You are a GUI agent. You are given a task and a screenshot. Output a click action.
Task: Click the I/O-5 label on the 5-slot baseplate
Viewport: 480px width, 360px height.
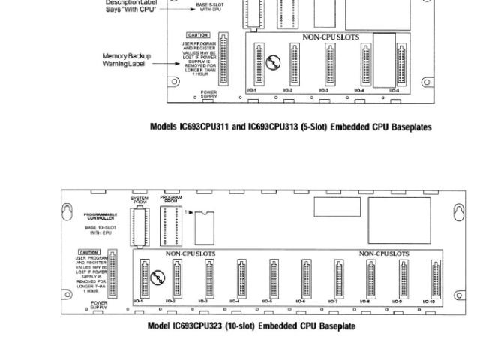point(394,89)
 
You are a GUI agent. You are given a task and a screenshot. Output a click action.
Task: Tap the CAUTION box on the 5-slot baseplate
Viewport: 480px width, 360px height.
point(199,35)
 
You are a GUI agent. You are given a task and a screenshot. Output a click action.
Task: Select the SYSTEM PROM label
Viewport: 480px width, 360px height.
point(139,199)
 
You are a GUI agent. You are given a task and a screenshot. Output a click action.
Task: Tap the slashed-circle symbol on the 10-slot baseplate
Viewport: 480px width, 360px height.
point(155,279)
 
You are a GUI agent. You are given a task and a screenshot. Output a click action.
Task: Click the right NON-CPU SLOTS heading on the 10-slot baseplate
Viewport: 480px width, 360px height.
point(384,253)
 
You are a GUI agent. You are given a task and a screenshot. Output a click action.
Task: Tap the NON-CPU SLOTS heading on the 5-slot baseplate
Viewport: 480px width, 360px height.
point(331,36)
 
